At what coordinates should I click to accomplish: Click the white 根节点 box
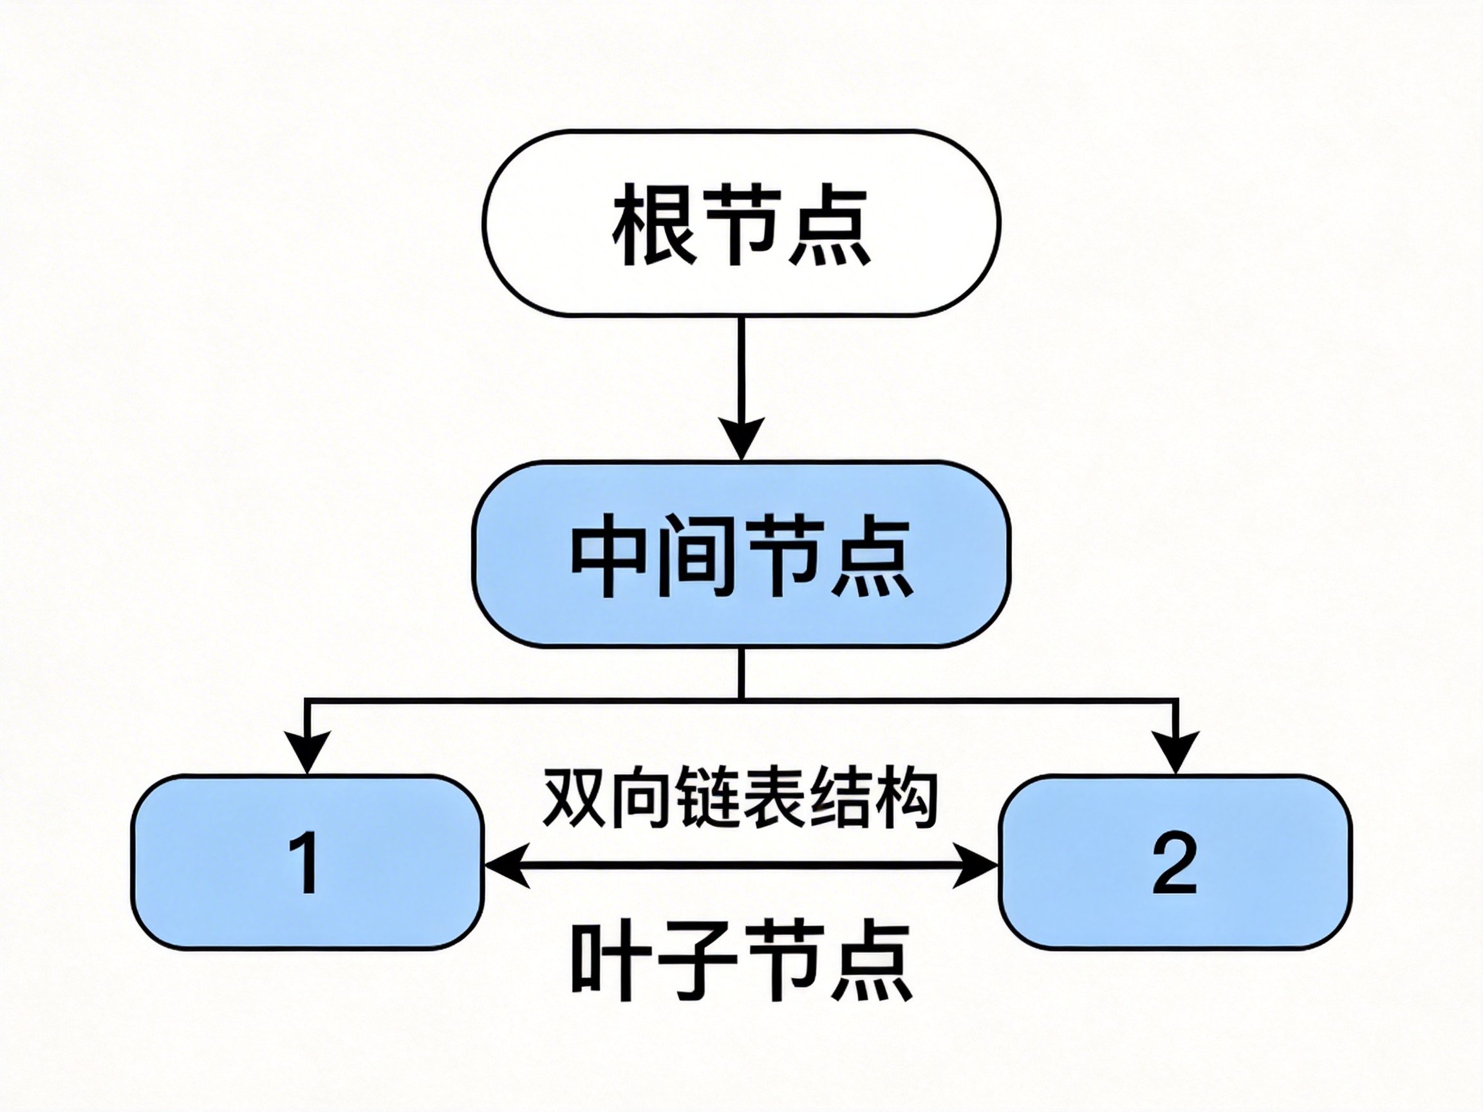[x=741, y=223]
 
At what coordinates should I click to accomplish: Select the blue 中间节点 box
[x=741, y=554]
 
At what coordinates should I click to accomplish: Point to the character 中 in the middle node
[x=608, y=555]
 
